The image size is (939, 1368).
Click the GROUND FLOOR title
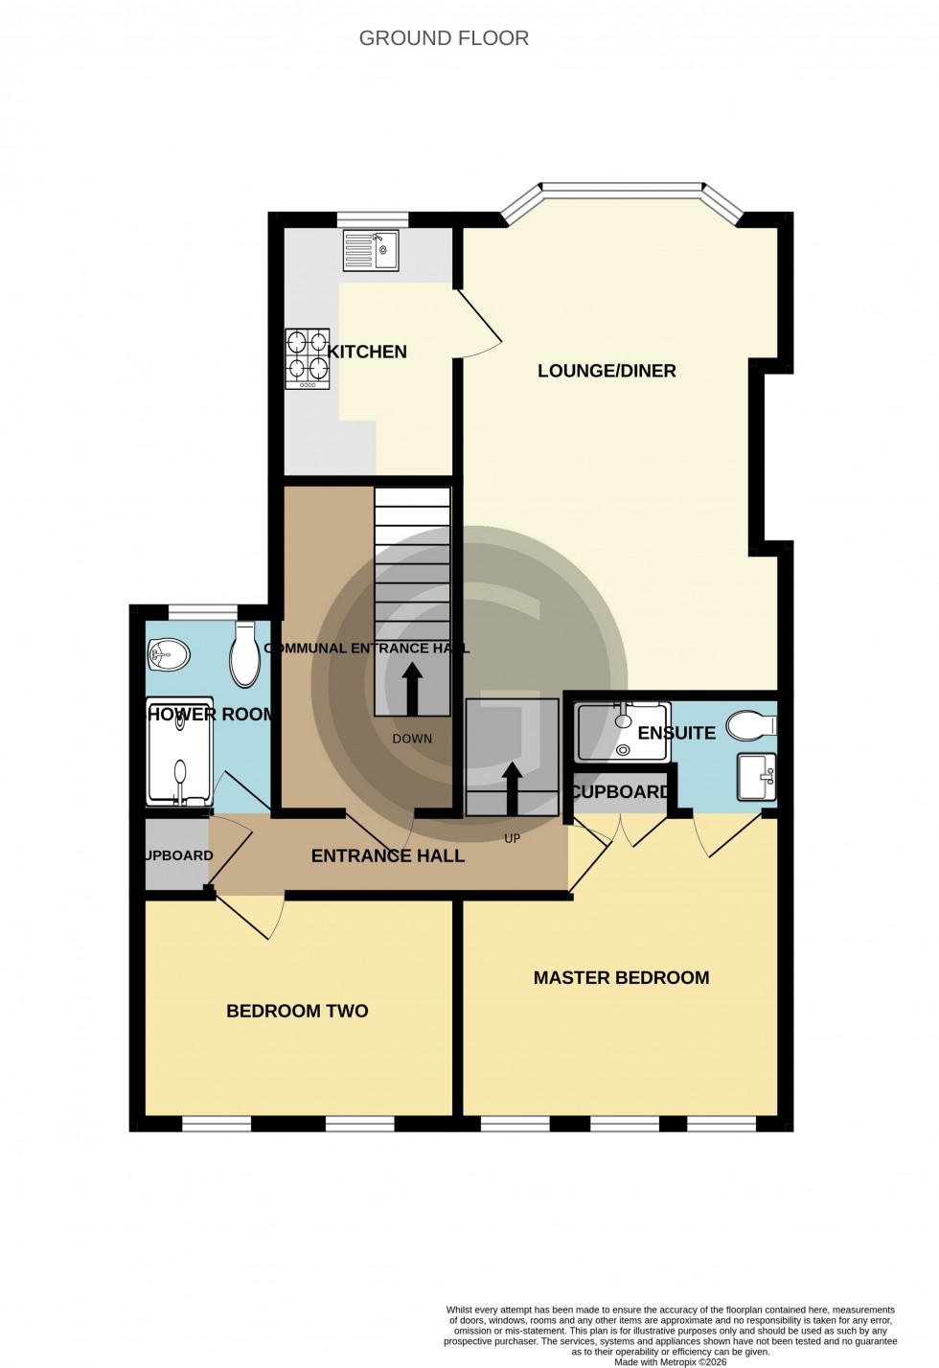tap(444, 38)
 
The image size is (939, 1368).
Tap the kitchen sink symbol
tap(370, 251)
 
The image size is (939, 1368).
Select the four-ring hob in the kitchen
tap(307, 358)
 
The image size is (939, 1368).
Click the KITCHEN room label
tap(367, 352)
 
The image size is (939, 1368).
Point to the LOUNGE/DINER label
tap(607, 371)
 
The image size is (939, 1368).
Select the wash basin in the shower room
tap(169, 656)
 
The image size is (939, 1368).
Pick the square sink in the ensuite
tap(756, 777)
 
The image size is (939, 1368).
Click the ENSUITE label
tap(676, 733)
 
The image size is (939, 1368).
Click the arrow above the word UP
tap(513, 786)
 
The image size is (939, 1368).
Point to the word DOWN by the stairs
tap(412, 739)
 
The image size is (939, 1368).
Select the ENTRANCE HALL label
tap(388, 855)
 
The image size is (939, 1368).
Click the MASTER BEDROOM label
tap(621, 977)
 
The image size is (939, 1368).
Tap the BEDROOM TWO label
tap(297, 1011)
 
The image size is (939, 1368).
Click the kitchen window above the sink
tap(373, 219)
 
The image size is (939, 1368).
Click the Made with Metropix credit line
tap(670, 1361)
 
